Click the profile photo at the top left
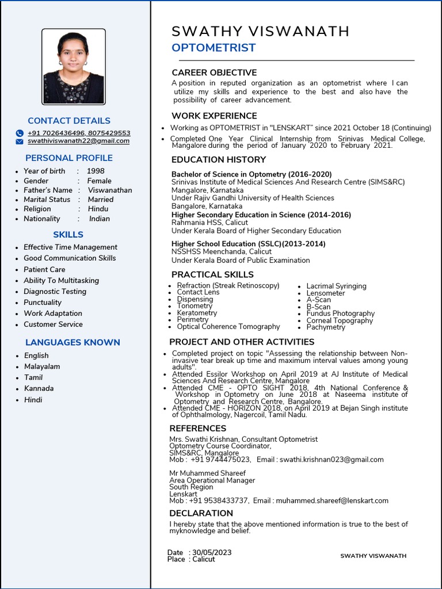coord(74,67)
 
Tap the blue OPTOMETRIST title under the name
coord(214,48)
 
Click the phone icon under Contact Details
coord(20,133)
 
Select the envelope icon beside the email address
coord(20,141)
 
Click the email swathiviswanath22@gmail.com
coord(78,141)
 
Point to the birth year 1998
coord(96,171)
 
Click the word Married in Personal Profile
coord(101,200)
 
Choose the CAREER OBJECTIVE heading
coord(214,72)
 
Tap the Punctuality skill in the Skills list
coord(43,303)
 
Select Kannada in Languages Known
coord(39,388)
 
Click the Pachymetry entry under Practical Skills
coord(326,327)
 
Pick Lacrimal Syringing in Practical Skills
coord(336,286)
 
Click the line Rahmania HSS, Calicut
coord(209,223)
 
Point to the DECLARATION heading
coord(201,513)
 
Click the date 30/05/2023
coord(212,552)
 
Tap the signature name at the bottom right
coord(373,556)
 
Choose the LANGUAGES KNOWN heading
coord(73,342)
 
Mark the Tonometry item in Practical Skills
coord(195,306)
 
